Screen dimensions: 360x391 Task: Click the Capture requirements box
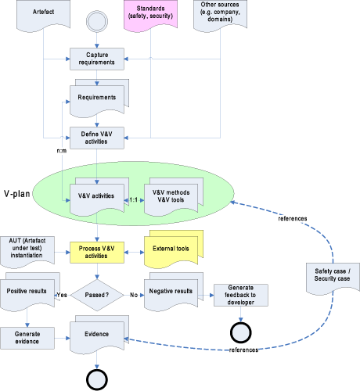97,59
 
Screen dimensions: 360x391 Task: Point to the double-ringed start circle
97,21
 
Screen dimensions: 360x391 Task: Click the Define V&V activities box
97,138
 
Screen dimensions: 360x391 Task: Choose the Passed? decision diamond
97,295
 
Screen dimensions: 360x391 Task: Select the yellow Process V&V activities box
97,253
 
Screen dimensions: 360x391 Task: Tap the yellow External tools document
174,249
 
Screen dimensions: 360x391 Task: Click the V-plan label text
17,194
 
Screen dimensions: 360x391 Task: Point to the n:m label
62,151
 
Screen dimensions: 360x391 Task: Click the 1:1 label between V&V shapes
134,200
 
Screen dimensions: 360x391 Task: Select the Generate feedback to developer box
241,295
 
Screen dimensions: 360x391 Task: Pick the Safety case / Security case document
333,278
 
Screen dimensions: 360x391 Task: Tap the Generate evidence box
27,338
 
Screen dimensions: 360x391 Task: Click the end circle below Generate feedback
241,332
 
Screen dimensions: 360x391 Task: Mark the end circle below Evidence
97,380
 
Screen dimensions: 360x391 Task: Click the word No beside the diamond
134,295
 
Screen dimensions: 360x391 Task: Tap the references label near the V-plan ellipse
293,218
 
